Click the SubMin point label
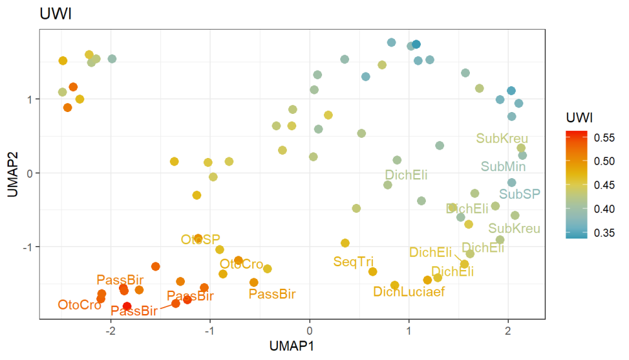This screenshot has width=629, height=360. tap(503, 167)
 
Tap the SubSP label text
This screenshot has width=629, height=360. tap(520, 194)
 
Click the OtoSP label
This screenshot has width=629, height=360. tap(201, 239)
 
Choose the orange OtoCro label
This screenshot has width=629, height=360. tap(79, 305)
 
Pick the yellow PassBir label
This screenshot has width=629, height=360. tap(272, 293)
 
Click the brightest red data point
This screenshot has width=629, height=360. tap(127, 307)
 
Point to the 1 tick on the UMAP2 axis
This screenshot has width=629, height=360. tap(28, 99)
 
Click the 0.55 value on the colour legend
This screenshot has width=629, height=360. tap(604, 138)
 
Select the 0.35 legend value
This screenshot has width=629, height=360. tap(604, 233)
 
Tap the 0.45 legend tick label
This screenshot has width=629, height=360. tap(604, 186)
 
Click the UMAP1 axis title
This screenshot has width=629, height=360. tap(292, 346)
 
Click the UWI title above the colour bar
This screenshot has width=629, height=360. tap(577, 117)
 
